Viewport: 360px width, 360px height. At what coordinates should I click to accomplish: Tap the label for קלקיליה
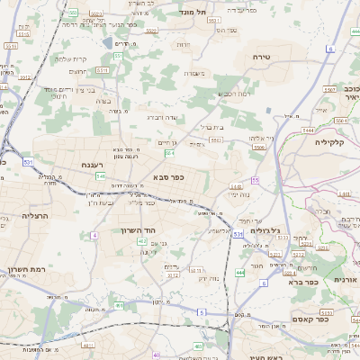click(x=330, y=141)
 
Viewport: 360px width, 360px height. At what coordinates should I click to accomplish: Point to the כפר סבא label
click(x=168, y=176)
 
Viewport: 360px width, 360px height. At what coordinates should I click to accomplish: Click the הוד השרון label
click(x=139, y=230)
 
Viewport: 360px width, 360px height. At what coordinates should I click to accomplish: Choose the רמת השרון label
click(x=24, y=269)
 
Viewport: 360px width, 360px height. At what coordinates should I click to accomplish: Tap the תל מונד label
click(x=192, y=12)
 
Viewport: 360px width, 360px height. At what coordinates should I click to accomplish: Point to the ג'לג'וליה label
click(x=263, y=230)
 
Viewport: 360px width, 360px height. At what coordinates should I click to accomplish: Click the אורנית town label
click(x=346, y=280)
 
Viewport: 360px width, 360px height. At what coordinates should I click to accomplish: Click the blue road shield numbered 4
click(x=94, y=235)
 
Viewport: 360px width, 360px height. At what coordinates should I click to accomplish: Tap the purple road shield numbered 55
click(x=256, y=180)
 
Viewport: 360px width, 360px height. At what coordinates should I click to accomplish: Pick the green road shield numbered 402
click(x=141, y=265)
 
